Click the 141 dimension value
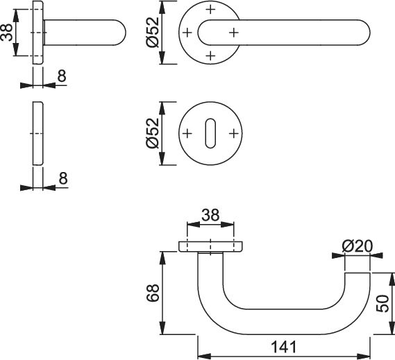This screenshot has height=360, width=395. (x=284, y=347)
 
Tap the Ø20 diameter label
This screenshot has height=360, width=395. (x=357, y=246)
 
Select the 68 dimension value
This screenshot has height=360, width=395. (x=153, y=293)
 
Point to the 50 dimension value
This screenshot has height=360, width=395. (x=383, y=304)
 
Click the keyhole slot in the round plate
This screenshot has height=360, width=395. (x=210, y=133)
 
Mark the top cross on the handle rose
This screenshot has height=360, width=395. (x=210, y=10)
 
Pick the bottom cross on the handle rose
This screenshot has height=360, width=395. (x=210, y=55)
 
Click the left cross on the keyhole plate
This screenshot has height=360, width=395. (x=187, y=133)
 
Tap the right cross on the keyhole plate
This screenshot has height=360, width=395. (x=234, y=133)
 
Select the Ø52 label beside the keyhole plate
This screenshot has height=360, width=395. (x=153, y=133)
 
